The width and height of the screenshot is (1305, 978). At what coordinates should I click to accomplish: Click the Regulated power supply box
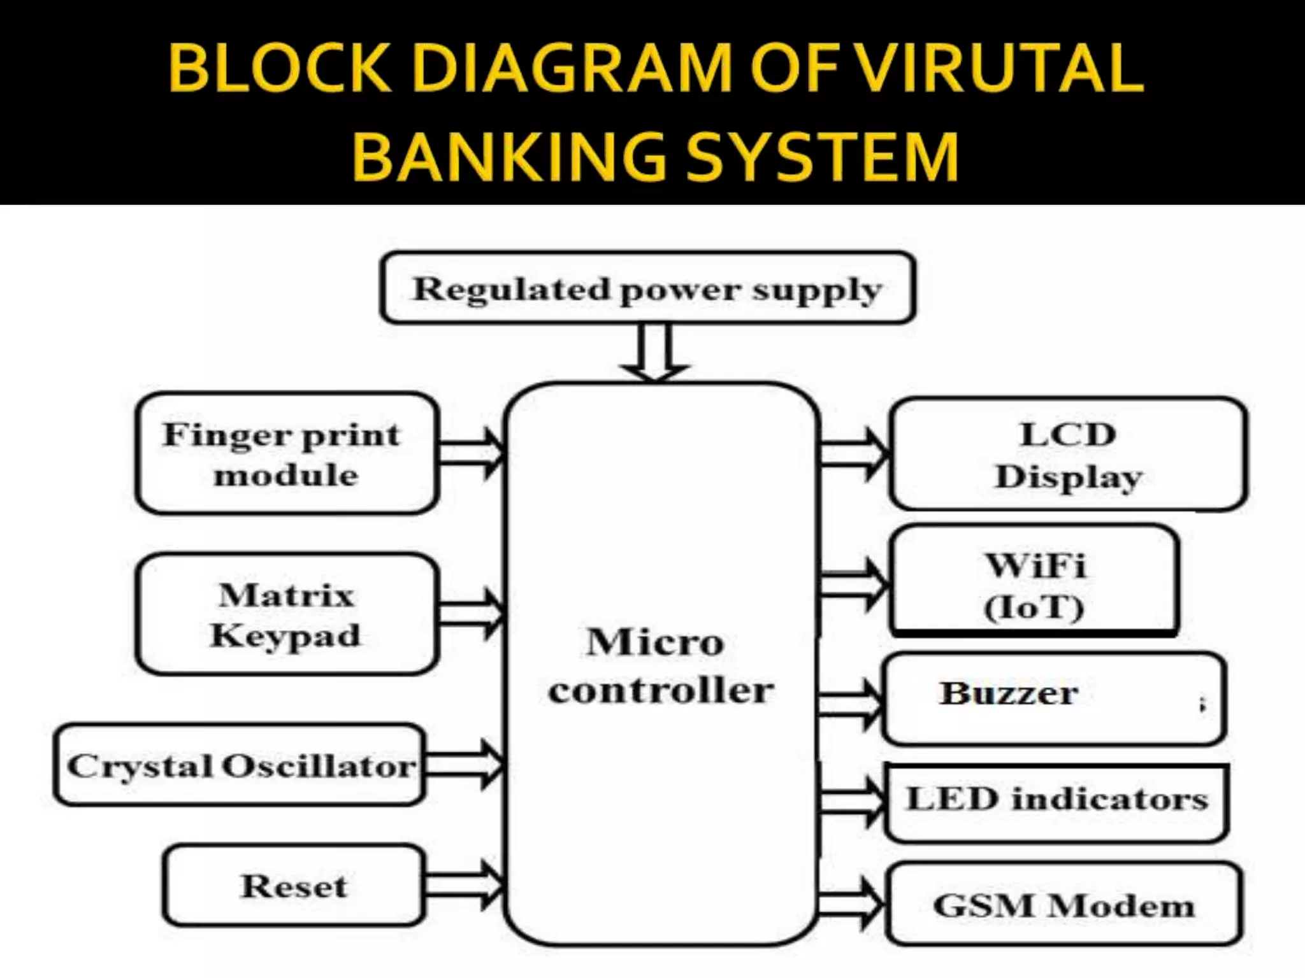point(647,288)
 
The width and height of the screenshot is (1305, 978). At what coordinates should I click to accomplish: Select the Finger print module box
point(287,453)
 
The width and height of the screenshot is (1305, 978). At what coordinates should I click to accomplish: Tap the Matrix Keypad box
point(287,614)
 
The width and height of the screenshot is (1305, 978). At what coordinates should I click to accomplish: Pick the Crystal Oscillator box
point(240,765)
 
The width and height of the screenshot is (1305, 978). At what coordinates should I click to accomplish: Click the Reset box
point(294,885)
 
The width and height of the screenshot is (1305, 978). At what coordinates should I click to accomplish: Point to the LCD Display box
point(1068,454)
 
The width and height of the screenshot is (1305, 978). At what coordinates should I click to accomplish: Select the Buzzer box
point(1054,698)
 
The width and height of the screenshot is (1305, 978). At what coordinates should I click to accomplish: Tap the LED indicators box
point(1056,802)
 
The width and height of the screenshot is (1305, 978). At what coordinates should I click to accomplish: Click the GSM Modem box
point(1064,904)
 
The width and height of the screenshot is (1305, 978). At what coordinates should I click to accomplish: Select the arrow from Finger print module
point(472,453)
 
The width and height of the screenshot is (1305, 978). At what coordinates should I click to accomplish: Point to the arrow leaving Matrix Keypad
point(472,614)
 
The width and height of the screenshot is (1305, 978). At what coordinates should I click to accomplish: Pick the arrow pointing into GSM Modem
point(851,904)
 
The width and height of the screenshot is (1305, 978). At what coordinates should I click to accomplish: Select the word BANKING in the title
point(510,157)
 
